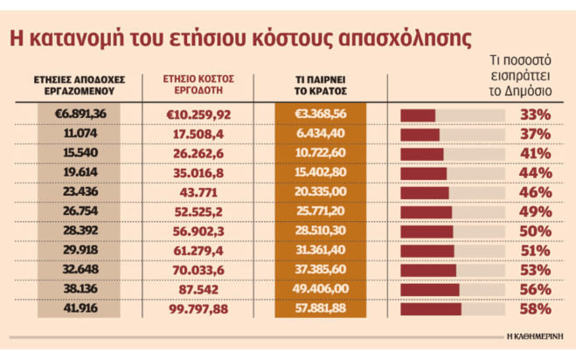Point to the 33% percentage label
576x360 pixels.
(x=534, y=114)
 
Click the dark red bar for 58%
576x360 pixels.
(x=430, y=308)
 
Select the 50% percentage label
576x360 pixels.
(x=534, y=231)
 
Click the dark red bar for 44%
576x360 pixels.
(x=423, y=173)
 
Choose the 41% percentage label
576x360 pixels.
(x=534, y=153)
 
